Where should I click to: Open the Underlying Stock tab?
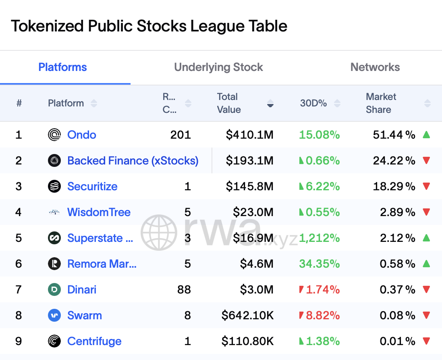tap(218, 67)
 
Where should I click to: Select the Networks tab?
tap(375, 67)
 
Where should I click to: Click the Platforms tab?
tap(62, 67)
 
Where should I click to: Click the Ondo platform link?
tap(81, 135)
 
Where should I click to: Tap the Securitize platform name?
tap(92, 186)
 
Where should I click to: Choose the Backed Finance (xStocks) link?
tap(133, 160)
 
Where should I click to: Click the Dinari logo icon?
tap(54, 289)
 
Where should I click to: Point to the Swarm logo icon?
tap(54, 315)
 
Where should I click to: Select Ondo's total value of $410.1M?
tap(250, 135)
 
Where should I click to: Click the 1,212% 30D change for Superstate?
tap(319, 238)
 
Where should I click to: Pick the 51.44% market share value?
tap(394, 135)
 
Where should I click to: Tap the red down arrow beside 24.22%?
tap(426, 160)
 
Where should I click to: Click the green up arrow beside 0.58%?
tap(426, 264)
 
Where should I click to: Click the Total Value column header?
tap(229, 103)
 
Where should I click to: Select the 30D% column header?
tap(313, 103)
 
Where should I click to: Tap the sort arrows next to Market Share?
tap(427, 103)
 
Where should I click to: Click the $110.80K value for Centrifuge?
tap(247, 341)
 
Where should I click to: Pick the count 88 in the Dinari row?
tap(184, 289)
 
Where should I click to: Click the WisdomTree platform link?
tap(99, 212)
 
